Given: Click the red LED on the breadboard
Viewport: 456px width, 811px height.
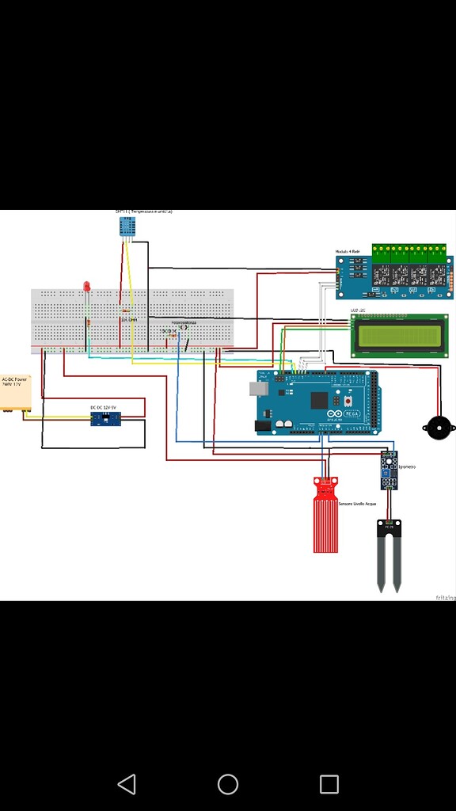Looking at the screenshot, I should tap(87, 287).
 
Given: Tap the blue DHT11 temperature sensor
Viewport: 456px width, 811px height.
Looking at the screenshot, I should tap(127, 226).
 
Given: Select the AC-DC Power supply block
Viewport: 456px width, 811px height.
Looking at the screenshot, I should tap(15, 393).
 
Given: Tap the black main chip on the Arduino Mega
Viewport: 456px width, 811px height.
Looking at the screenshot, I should tap(319, 400).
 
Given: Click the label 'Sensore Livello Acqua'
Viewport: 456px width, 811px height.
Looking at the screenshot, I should tap(358, 504).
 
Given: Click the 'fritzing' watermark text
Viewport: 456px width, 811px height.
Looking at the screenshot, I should tap(445, 597).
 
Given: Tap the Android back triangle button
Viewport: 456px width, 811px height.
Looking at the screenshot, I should tap(127, 784).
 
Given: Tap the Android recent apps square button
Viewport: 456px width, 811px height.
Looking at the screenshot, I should tap(329, 784).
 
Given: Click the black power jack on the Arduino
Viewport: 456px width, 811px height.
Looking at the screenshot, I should tap(262, 426).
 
